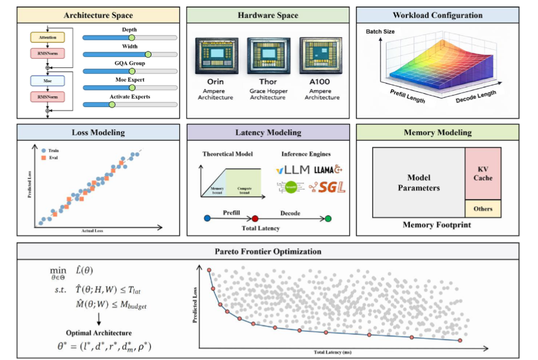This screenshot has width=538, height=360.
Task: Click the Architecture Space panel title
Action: (98, 14)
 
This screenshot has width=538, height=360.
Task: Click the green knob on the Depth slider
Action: (132, 38)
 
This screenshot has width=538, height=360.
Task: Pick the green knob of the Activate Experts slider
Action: (111, 105)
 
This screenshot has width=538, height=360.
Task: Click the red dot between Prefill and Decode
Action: (255, 218)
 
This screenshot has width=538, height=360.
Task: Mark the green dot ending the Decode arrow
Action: (328, 218)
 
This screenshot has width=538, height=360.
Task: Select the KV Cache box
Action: (484, 174)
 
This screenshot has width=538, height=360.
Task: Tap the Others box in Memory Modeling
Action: (483, 209)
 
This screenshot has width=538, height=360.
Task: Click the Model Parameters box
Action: (418, 183)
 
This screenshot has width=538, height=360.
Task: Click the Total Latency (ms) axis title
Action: (327, 352)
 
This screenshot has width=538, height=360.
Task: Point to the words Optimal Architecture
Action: (99, 332)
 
